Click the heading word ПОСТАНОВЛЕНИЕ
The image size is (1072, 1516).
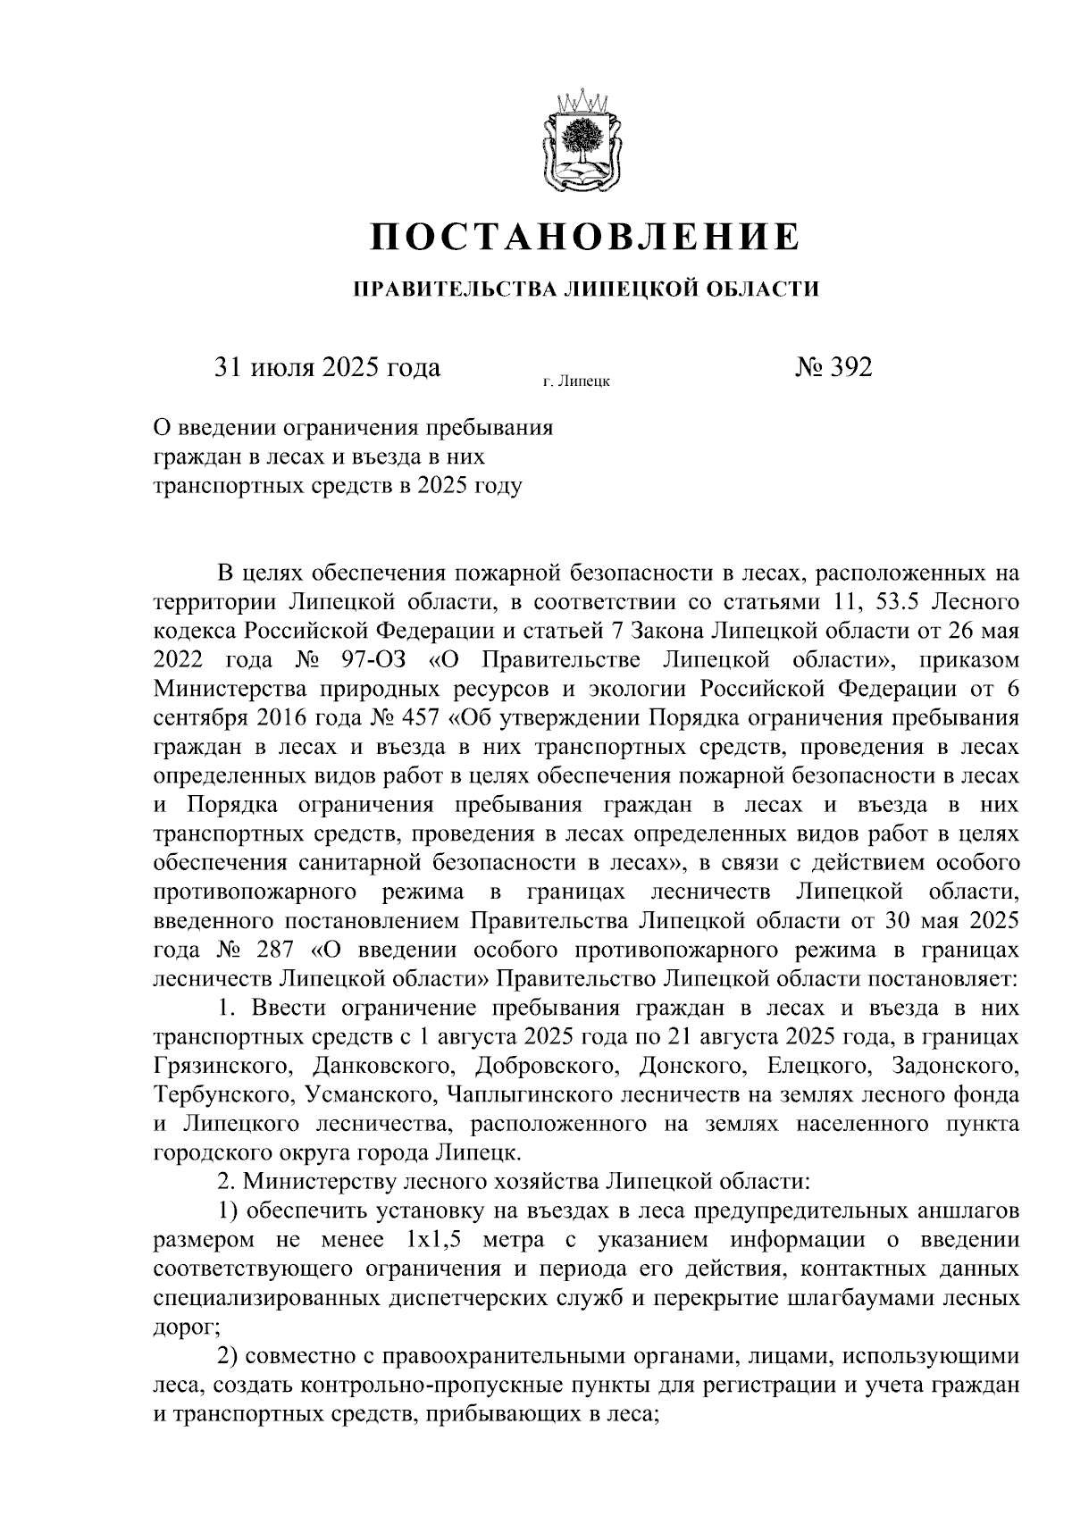585,237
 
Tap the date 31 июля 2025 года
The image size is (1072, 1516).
326,367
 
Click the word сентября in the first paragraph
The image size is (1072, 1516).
199,717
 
